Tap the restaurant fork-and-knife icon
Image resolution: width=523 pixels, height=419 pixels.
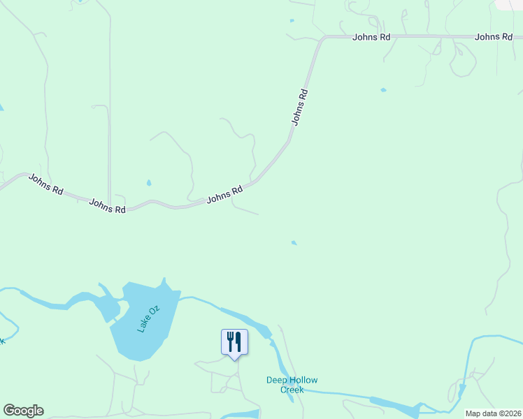pos(234,341)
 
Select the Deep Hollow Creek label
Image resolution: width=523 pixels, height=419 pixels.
pos(292,385)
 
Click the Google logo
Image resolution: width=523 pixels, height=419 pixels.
pos(23,411)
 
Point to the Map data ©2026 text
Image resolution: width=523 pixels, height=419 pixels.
pos(493,413)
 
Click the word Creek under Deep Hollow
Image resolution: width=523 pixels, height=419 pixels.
pos(292,390)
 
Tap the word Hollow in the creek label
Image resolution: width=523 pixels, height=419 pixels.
pos(304,381)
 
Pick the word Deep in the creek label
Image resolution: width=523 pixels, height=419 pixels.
pos(276,381)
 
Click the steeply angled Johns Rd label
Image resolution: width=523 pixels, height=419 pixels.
pos(300,106)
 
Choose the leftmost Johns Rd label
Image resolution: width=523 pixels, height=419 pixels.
pos(46,184)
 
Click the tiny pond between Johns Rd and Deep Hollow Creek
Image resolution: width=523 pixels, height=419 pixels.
pos(294,243)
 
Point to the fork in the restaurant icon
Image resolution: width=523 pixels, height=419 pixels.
pos(230,341)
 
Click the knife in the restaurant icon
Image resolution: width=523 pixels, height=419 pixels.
pos(238,341)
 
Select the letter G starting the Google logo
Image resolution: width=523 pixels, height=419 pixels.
pos(9,411)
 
